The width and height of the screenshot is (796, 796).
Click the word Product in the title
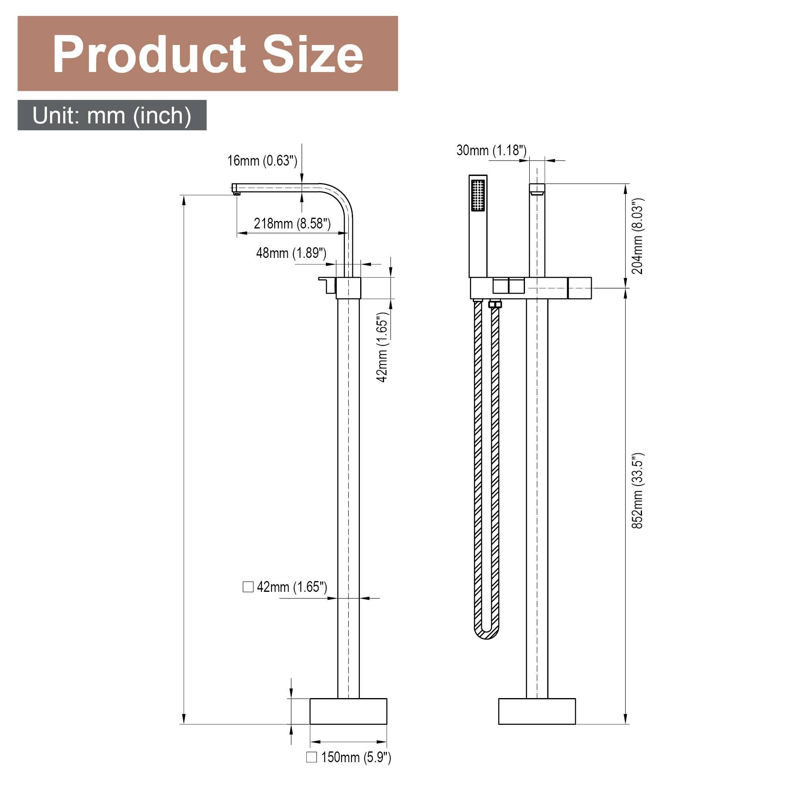pos(149,55)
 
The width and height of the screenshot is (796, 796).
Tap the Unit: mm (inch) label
pos(112,115)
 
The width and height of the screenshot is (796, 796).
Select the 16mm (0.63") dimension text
pos(262,161)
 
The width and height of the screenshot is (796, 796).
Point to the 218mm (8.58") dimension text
pos(292,224)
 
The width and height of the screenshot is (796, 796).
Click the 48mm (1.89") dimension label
pos(291,253)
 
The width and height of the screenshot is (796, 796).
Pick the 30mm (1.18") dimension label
pos(491,150)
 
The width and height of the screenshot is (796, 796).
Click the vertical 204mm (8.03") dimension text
pos(637,236)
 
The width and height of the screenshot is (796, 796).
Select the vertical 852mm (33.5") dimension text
pos(637,490)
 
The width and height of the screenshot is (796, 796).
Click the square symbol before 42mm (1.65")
pos(248,587)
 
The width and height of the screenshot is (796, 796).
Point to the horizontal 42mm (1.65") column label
pos(292,587)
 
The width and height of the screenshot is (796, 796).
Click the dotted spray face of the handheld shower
pos(478,196)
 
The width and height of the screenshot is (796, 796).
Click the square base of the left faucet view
pos(348,711)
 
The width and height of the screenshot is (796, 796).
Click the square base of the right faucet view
pos(537,711)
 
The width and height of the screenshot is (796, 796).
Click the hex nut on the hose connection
pos(494,304)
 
